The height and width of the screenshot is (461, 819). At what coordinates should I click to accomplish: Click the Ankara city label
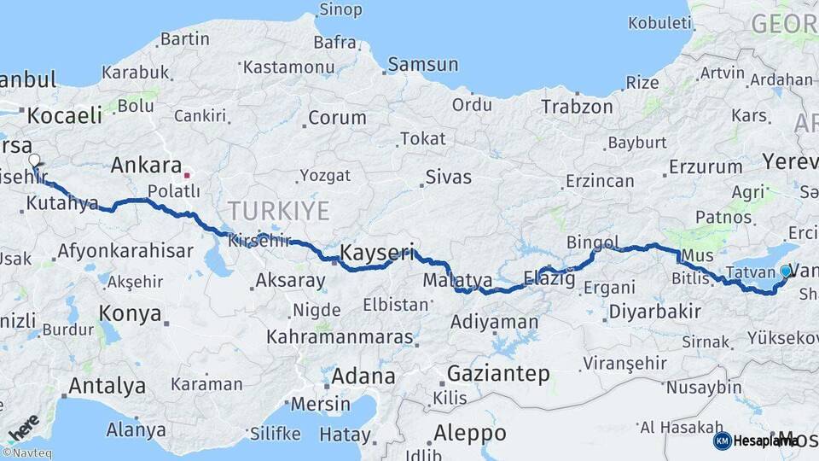pyautogui.click(x=147, y=166)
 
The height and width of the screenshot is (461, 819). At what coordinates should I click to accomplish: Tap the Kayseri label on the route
pyautogui.click(x=377, y=253)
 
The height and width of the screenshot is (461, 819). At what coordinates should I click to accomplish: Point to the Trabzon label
pyautogui.click(x=577, y=107)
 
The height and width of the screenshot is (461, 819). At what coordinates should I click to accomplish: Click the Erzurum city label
pyautogui.click(x=706, y=166)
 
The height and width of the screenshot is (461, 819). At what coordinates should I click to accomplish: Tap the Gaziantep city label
pyautogui.click(x=498, y=373)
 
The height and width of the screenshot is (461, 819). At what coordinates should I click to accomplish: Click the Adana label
pyautogui.click(x=363, y=376)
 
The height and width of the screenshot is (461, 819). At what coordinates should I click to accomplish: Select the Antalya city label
pyautogui.click(x=107, y=386)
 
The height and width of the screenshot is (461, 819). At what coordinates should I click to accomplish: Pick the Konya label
pyautogui.click(x=130, y=313)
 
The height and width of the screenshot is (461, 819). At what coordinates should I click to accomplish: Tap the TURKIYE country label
pyautogui.click(x=278, y=210)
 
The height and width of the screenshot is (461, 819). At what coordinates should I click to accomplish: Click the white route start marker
pyautogui.click(x=34, y=160)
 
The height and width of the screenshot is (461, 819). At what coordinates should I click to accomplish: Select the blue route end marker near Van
pyautogui.click(x=786, y=271)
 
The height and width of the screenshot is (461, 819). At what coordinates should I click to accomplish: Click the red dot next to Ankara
pyautogui.click(x=187, y=175)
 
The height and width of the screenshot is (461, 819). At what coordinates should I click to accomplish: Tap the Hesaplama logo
pyautogui.click(x=754, y=441)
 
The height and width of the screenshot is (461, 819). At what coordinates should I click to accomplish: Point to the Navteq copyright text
pyautogui.click(x=26, y=453)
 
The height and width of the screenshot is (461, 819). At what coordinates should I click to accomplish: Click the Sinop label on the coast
pyautogui.click(x=340, y=10)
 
